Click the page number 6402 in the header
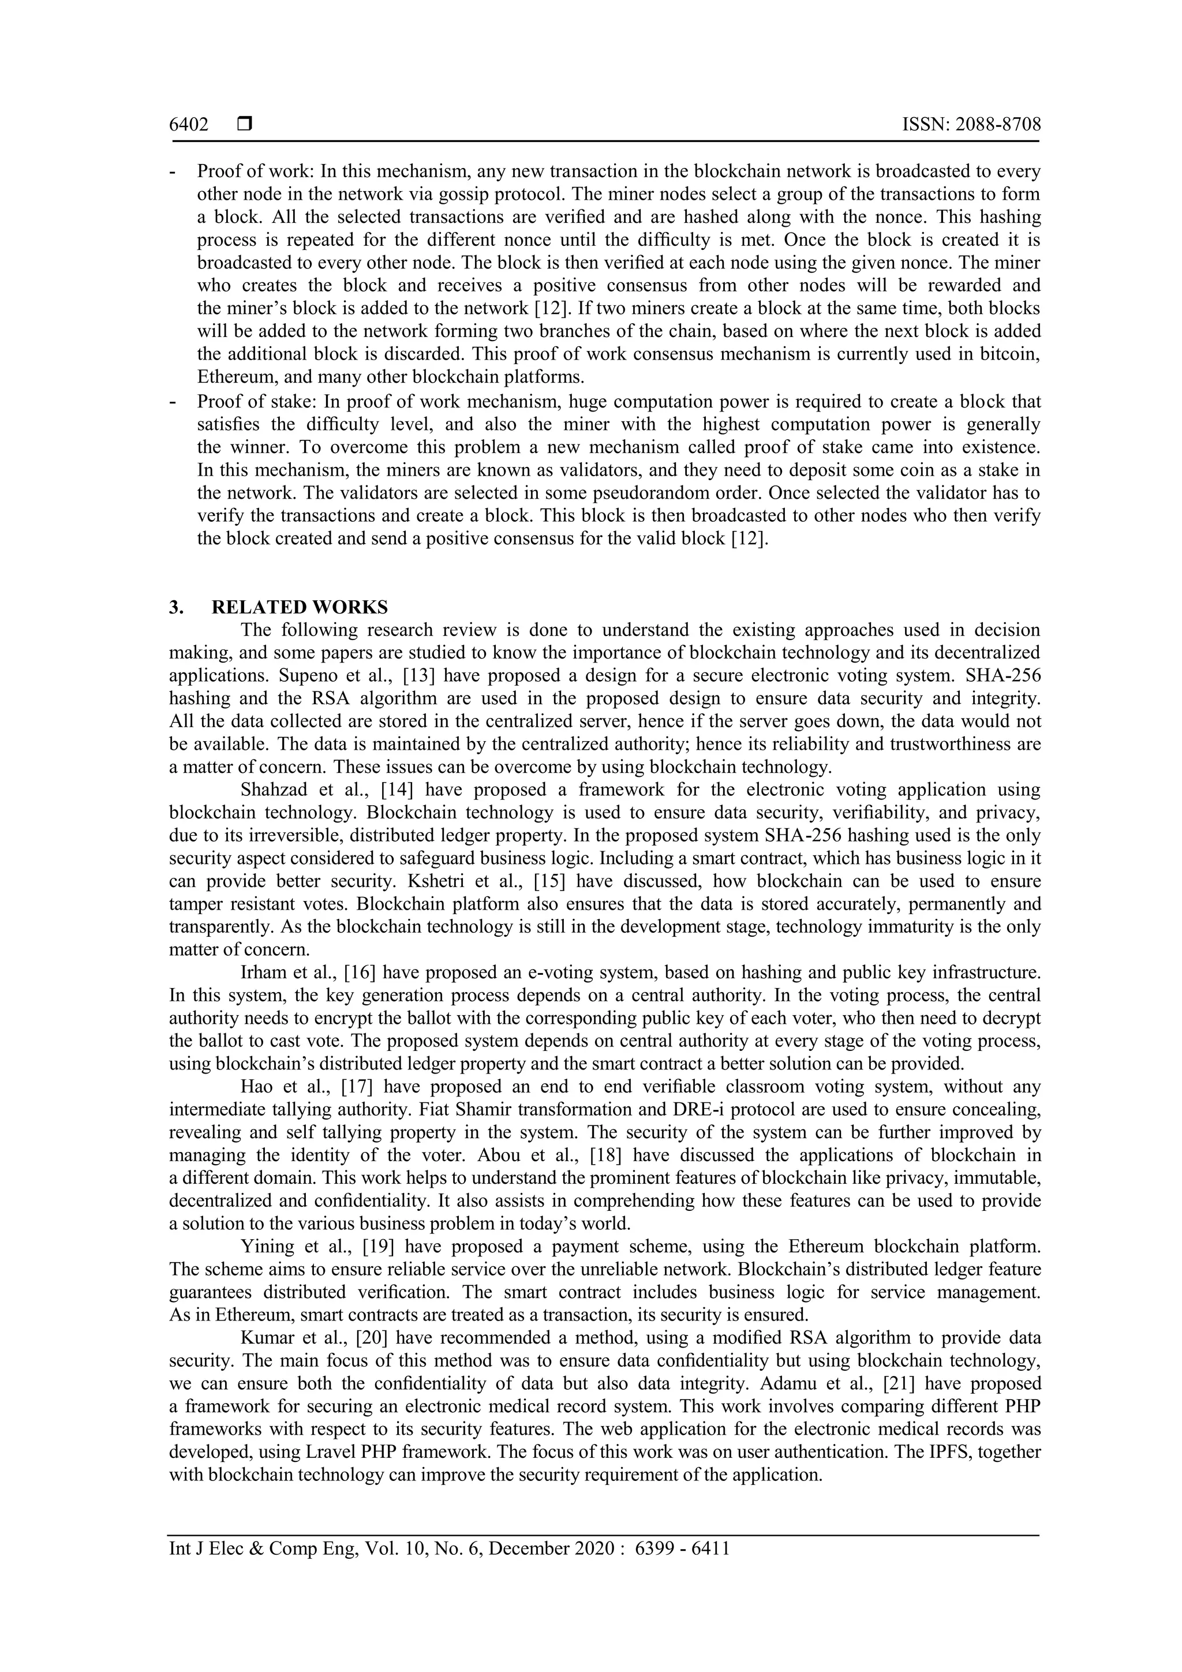coord(189,125)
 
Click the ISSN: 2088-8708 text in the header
coord(971,125)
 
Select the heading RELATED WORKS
coord(300,607)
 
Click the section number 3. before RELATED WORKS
coord(175,607)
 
